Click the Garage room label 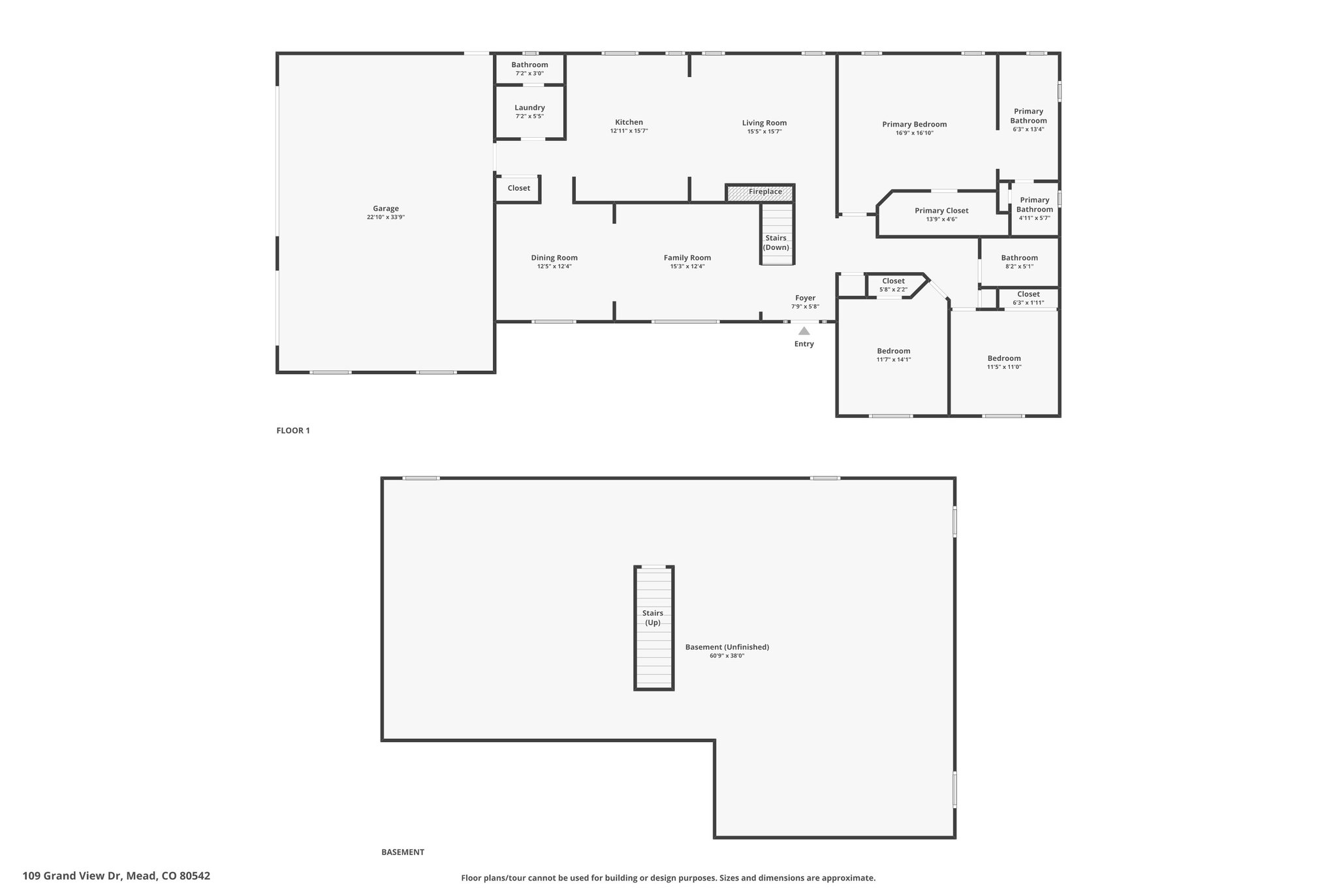tap(386, 209)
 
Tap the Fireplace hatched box tap(760, 193)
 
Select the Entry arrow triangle tap(804, 331)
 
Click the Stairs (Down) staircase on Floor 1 tap(777, 234)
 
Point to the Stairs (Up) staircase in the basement tap(653, 628)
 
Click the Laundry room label tap(529, 108)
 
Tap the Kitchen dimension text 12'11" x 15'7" tap(629, 131)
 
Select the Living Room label tap(764, 123)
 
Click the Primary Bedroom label tap(914, 124)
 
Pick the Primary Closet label tap(941, 210)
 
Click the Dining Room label tap(554, 258)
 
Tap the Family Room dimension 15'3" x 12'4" tap(687, 266)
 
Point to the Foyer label tap(805, 298)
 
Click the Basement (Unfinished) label tap(727, 647)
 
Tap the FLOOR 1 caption tap(293, 431)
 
